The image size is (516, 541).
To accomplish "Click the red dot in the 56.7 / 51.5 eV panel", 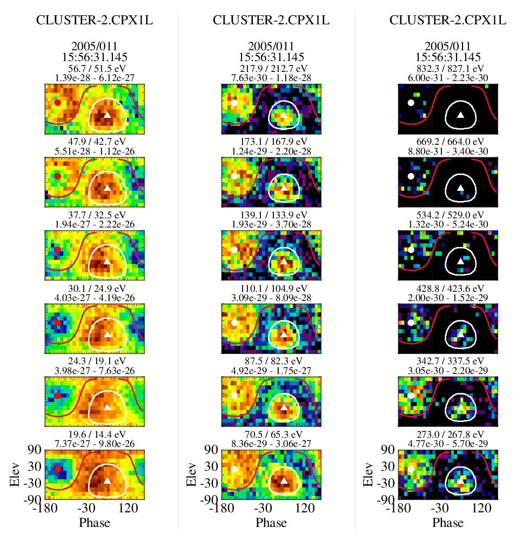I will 57,103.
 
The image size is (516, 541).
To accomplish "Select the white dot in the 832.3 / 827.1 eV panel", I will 411,102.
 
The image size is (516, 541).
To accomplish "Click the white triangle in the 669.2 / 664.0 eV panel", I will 460,188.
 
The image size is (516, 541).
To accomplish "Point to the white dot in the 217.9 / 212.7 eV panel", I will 234,102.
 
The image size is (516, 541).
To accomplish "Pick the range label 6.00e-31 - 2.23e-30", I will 448,78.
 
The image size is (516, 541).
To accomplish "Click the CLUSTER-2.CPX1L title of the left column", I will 95,21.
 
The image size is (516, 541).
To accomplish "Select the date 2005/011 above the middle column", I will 271,46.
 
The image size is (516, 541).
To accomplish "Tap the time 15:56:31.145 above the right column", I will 448,57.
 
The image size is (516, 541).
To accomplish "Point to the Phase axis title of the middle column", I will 271,523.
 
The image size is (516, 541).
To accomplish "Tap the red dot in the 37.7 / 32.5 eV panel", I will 57,250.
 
